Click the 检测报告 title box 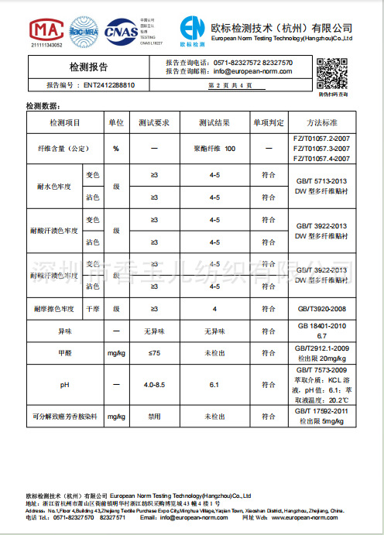(89, 67)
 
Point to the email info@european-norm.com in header (252, 71)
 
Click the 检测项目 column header (65, 123)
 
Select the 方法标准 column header (322, 123)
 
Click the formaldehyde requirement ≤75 (154, 353)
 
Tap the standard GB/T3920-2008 (322, 309)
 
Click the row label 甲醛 (65, 353)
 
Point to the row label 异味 (65, 331)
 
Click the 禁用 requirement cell (154, 416)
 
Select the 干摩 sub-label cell (91, 309)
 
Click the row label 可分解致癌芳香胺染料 (65, 416)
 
